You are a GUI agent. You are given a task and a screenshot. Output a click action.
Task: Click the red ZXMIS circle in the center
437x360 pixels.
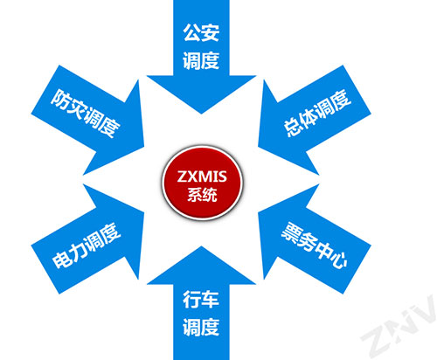tap(202, 183)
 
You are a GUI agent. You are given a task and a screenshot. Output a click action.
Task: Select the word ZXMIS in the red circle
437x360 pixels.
tap(202, 177)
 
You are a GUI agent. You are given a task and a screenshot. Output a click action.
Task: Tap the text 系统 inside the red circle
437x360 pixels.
tap(202, 195)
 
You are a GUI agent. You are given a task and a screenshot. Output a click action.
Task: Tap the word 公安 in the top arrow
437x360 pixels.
tap(201, 32)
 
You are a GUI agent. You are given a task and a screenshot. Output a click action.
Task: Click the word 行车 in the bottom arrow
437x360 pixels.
tap(201, 300)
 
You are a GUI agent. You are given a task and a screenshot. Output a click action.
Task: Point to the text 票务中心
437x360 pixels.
tap(314, 246)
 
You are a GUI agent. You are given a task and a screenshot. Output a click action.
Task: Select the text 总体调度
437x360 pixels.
tap(317, 113)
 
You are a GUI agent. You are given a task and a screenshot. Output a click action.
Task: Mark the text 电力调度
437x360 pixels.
tap(87, 246)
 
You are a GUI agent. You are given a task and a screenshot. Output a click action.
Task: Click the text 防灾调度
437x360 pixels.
tap(86, 113)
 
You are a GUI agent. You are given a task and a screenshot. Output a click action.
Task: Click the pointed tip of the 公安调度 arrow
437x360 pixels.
tap(201, 114)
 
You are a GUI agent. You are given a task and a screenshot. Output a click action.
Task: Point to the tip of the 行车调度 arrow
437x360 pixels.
tap(201, 246)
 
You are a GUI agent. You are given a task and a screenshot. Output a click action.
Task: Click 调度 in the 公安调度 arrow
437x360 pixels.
tap(201, 60)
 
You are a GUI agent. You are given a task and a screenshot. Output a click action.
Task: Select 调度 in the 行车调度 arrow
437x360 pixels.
tap(201, 327)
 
